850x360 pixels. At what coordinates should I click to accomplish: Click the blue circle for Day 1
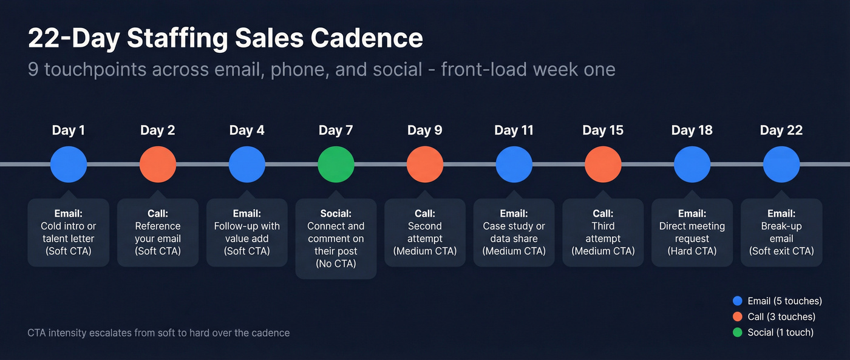[69, 164]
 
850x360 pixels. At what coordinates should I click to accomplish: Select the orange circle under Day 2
[158, 164]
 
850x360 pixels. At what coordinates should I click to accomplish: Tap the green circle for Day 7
[336, 164]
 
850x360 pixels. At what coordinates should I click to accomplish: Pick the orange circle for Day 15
[603, 164]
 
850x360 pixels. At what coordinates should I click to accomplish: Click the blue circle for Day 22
[781, 164]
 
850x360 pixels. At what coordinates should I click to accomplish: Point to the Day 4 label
[246, 130]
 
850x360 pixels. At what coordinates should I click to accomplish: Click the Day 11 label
[514, 130]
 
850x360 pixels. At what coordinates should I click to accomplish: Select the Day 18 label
[692, 130]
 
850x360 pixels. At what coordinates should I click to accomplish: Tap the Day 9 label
[424, 130]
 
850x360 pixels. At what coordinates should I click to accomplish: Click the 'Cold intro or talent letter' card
[69, 233]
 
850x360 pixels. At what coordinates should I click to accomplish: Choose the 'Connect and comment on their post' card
[336, 239]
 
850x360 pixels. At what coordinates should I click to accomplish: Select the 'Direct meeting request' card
[692, 233]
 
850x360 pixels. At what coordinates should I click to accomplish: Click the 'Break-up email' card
[781, 233]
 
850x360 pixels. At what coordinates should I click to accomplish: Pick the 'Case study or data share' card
[514, 233]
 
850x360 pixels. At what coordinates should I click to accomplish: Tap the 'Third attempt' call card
[603, 233]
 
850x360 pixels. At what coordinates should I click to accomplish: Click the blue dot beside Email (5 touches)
[738, 301]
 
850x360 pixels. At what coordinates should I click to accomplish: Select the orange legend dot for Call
[738, 316]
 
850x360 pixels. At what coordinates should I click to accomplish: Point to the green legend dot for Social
[738, 332]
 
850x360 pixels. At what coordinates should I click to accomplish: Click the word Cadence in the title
[367, 39]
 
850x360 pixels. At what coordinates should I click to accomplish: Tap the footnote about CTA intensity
[158, 333]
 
